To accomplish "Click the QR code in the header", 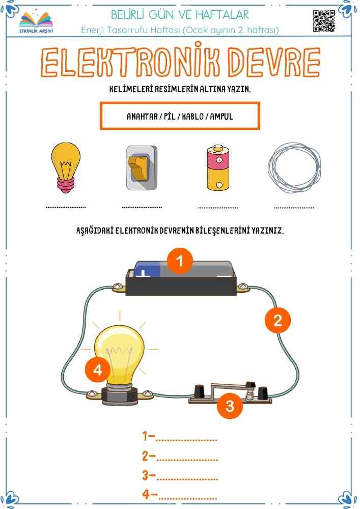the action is pos(324,21).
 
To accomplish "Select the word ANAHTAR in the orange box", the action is pos(142,116).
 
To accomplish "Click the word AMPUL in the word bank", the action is pos(221,116).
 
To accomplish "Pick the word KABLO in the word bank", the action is pos(193,116).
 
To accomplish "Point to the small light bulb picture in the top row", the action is pos(66,167).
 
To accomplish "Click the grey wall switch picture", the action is pos(142,167).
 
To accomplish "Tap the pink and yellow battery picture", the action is pos(218,167).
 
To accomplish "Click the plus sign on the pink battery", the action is pos(219,160).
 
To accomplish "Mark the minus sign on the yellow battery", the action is pos(219,185).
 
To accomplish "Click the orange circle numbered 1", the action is pos(180,261).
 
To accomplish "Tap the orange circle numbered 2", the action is pos(278,320).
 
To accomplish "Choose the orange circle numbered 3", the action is pos(230,406).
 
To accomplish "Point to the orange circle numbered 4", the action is pos(97,370).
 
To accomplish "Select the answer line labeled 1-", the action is pos(186,440).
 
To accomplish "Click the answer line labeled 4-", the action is pos(187,498).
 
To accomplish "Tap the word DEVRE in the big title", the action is pos(273,62).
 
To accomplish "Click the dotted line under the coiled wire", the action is pos(294,207).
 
